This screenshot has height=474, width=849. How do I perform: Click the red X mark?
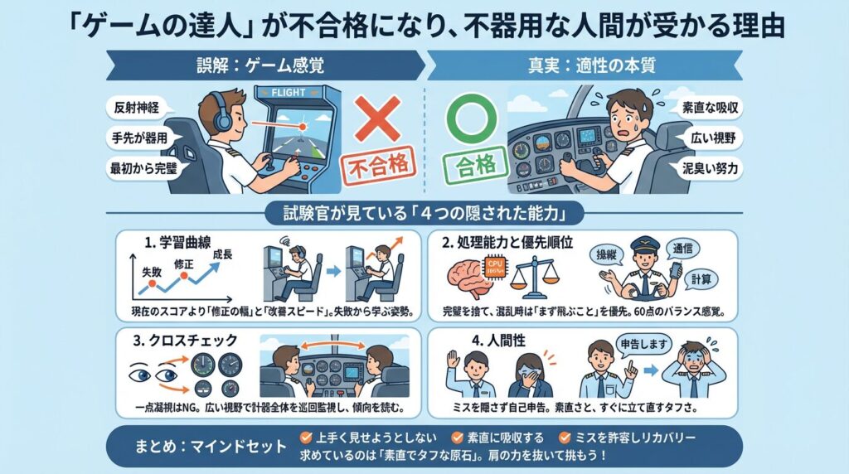pos(378,118)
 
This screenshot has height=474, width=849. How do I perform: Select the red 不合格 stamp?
pos(378,166)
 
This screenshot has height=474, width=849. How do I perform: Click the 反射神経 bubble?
pos(136,107)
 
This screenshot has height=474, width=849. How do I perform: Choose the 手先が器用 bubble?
pos(139,138)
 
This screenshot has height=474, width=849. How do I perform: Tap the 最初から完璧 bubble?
pos(143,168)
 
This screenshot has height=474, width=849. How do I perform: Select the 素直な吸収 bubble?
pos(710,107)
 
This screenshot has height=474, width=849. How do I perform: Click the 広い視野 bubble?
pos(713,138)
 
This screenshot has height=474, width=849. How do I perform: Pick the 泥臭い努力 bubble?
pos(710,168)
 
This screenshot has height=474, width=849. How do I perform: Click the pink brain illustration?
pos(467,278)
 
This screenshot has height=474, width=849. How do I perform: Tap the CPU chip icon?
pos(496,267)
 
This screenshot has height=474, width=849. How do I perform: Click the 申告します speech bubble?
pos(643,345)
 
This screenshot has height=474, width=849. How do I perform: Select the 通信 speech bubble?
pos(682,249)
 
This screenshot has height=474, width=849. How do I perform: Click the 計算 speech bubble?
pos(701,279)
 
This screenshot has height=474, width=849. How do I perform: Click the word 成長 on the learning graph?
pos(222,254)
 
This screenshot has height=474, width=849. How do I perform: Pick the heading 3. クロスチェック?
pos(185,341)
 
